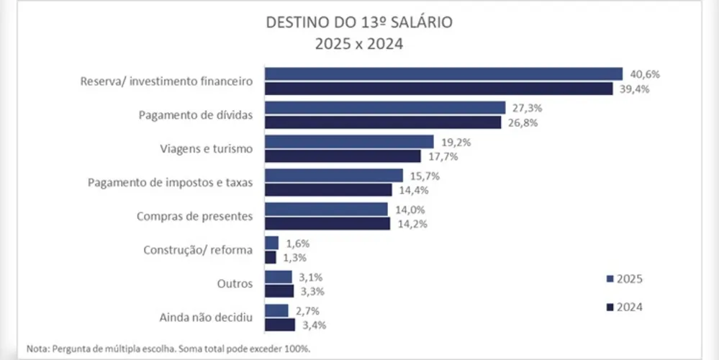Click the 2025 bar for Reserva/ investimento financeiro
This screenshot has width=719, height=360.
coord(443,73)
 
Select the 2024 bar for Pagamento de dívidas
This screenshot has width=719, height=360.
coord(383,122)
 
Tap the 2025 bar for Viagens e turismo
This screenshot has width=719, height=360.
coord(349,142)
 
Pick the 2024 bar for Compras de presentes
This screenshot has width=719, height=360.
coord(327,223)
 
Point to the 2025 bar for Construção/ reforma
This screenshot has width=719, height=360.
coord(271,243)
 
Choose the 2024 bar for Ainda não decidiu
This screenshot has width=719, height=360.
coord(280,325)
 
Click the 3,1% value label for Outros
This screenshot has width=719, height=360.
coord(311,277)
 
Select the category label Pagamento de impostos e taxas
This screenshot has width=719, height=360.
coord(170,182)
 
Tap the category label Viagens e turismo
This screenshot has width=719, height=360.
coord(206,149)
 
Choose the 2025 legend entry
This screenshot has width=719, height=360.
coord(624,279)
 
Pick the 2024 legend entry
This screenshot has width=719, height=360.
coord(624,307)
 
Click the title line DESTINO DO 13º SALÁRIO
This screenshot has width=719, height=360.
coord(359,22)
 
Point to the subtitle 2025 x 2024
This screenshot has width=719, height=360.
coord(359,43)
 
